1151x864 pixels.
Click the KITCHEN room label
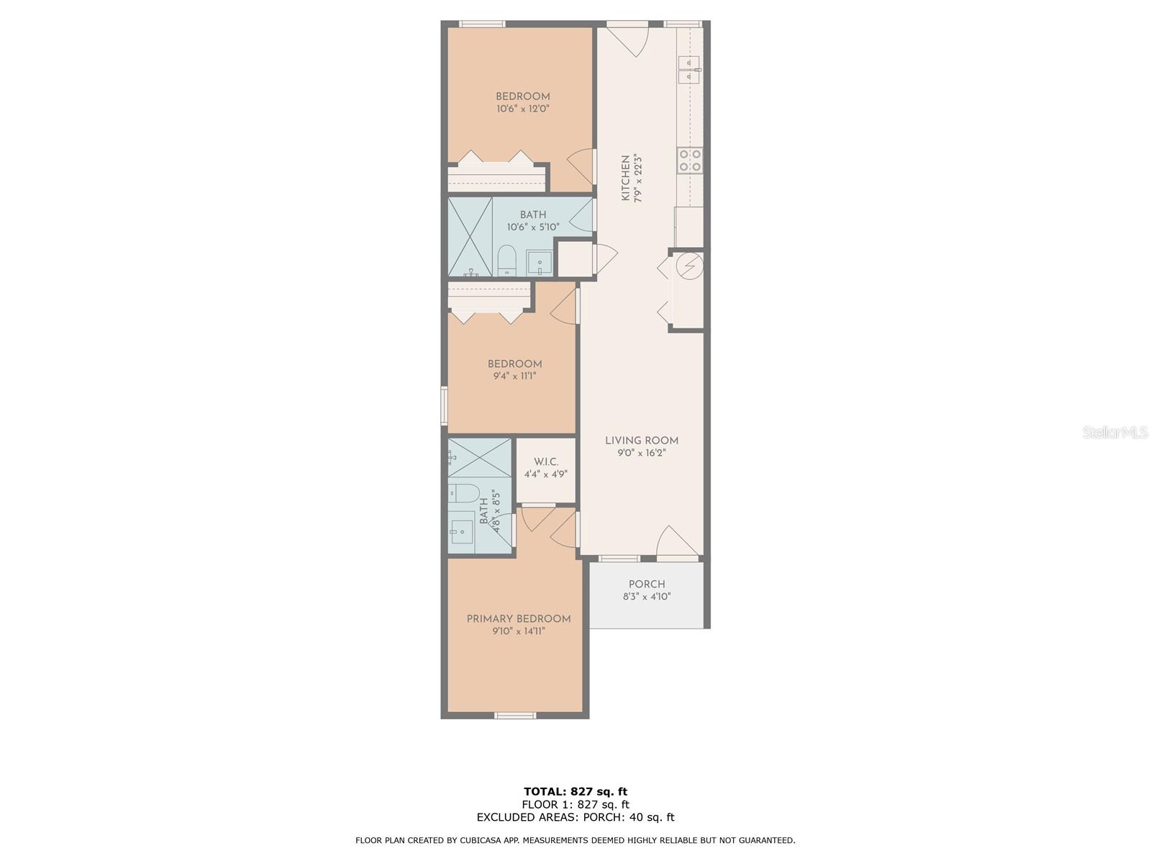coord(625,178)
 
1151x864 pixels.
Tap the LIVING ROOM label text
coord(641,441)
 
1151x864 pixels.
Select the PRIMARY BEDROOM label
coord(518,618)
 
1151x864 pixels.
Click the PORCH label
coord(647,584)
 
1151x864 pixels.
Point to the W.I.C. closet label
coord(545,462)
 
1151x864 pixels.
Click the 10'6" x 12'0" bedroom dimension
coord(523,109)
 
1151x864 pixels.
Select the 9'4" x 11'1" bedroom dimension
coord(514,376)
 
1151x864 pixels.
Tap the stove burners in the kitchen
coord(689,160)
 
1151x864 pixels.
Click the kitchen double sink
coord(689,69)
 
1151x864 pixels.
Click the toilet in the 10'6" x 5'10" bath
coord(507,260)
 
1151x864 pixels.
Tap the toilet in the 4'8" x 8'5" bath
coord(464,493)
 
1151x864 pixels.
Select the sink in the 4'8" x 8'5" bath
coord(461,531)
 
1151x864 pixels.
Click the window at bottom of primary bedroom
coord(515,715)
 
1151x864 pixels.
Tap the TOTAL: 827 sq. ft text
coord(575,792)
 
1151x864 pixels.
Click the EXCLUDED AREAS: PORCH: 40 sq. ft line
coord(575,817)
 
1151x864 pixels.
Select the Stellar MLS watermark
coord(1115,432)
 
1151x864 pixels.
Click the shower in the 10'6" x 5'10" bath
coord(470,237)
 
